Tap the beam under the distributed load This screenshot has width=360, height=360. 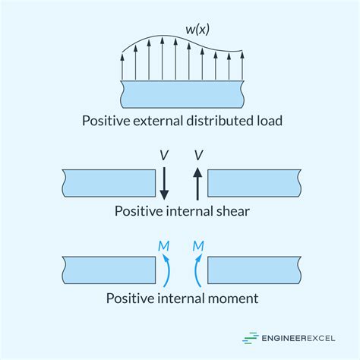[x=182, y=95]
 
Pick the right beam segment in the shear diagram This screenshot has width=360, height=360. [x=253, y=183]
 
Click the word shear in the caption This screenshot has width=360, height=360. [x=229, y=212]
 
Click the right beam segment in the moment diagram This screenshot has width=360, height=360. [x=253, y=270]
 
